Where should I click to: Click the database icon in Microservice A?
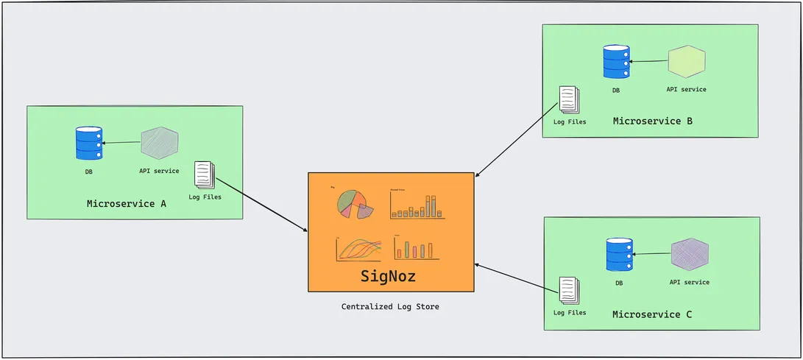tap(89, 144)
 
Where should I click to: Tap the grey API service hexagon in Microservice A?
tap(159, 143)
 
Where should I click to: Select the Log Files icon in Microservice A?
tap(205, 174)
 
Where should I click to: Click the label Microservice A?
tap(126, 204)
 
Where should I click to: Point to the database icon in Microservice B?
tap(616, 63)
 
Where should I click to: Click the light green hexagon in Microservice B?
tap(687, 62)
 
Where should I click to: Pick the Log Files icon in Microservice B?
tap(569, 99)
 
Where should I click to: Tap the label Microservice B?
tap(652, 121)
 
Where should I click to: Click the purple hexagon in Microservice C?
tap(690, 254)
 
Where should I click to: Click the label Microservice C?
tap(652, 314)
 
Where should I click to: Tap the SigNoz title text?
tap(389, 276)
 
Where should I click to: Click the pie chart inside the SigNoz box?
tap(354, 203)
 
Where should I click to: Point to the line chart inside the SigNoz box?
tap(359, 248)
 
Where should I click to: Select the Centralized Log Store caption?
tap(390, 306)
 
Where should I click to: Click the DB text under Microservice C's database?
tap(619, 283)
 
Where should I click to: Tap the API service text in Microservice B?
tap(686, 89)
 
